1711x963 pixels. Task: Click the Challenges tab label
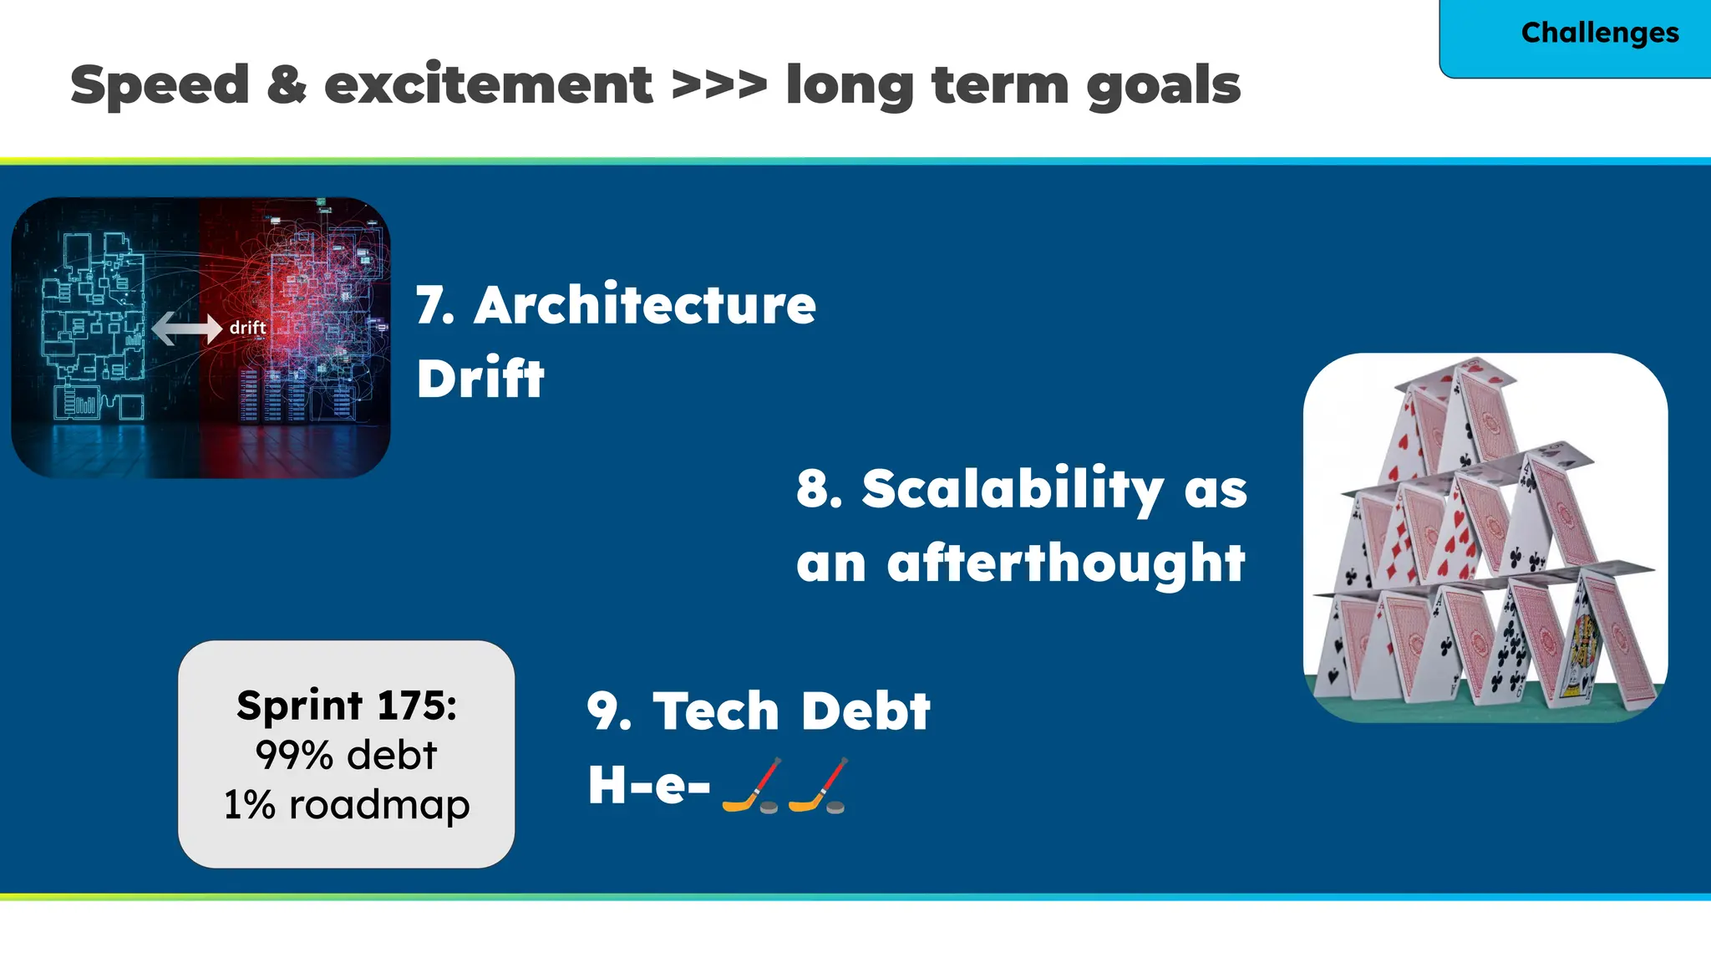coord(1599,33)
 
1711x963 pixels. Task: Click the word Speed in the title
coord(160,85)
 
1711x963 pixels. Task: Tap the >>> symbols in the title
coord(718,85)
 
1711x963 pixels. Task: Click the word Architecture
coord(645,305)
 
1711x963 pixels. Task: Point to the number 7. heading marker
coord(435,306)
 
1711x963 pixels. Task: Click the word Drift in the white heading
coord(480,379)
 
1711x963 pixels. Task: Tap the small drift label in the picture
coord(247,328)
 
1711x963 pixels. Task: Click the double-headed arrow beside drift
coord(186,328)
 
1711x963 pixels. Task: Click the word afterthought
coord(1066,563)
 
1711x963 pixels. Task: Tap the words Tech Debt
coord(790,711)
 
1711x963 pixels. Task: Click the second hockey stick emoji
coord(818,786)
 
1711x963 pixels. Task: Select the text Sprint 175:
coord(347,706)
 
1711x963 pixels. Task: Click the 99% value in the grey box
coord(294,755)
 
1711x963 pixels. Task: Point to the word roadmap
coord(379,805)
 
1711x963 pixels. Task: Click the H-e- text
coord(648,786)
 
